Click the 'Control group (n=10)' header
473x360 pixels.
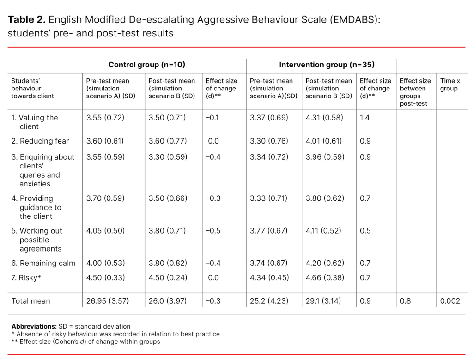coord(146,65)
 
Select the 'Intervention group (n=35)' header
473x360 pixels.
coord(327,65)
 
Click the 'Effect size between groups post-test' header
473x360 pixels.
coord(415,92)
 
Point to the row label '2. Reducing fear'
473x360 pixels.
coord(40,141)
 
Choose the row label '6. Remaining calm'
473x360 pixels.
coord(43,264)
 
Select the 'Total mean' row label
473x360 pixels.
coord(30,301)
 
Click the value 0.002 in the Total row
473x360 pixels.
coord(450,301)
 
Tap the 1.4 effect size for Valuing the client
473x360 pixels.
coord(365,118)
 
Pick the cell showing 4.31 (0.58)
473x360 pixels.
coord(324,118)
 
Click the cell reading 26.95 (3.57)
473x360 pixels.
coord(108,301)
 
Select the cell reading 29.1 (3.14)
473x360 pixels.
coord(322,301)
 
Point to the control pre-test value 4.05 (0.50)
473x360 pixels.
coord(105,231)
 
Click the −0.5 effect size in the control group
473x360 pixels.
coord(213,231)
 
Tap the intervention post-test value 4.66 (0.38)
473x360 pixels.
coord(325,278)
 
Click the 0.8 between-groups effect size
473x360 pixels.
coord(405,301)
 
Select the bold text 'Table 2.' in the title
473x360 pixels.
coord(26,20)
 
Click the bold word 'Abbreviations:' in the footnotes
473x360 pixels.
coord(34,326)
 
